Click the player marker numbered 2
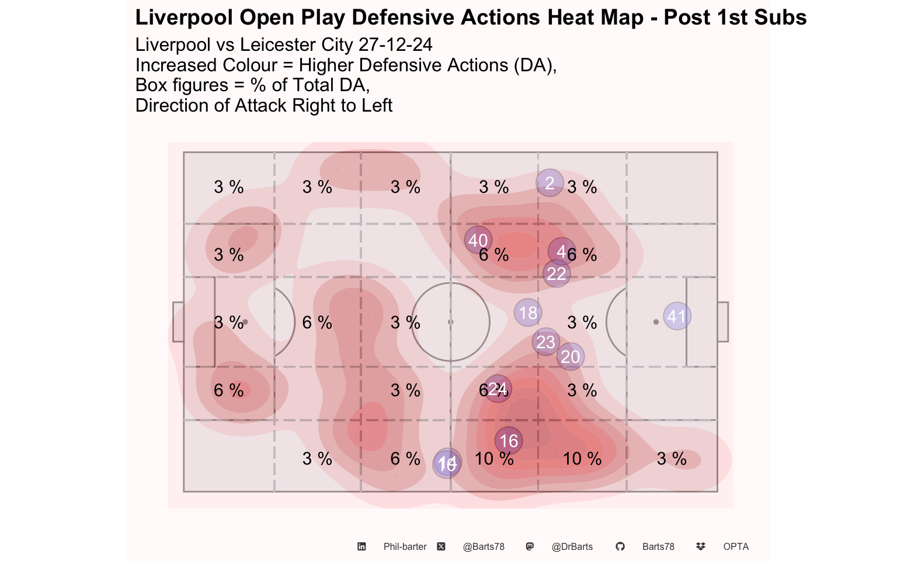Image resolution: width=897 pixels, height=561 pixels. (x=550, y=183)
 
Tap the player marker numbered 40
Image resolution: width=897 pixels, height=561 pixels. (x=478, y=240)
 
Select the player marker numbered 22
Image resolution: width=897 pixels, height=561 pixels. (x=557, y=273)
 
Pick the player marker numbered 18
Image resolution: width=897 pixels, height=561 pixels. (x=528, y=313)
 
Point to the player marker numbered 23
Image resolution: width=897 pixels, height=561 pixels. (x=546, y=342)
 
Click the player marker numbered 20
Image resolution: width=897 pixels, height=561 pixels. (x=570, y=356)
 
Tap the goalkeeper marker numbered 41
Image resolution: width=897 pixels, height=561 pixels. (x=677, y=316)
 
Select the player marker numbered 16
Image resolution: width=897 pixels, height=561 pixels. (x=509, y=441)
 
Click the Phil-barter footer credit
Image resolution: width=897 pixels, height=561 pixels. (x=405, y=546)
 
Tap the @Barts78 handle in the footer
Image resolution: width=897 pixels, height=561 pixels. (x=484, y=546)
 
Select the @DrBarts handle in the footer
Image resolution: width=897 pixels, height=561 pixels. (x=572, y=546)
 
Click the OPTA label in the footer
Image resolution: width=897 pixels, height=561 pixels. (x=736, y=546)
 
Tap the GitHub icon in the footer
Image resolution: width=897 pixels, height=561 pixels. (x=620, y=546)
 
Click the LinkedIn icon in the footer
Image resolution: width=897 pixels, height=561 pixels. (x=362, y=546)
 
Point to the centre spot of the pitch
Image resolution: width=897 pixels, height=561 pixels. (x=450, y=322)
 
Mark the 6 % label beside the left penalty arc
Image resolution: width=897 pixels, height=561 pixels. (x=317, y=323)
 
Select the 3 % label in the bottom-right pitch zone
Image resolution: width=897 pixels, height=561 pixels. (x=672, y=459)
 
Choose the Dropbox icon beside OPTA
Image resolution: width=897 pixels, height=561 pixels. (x=701, y=546)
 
